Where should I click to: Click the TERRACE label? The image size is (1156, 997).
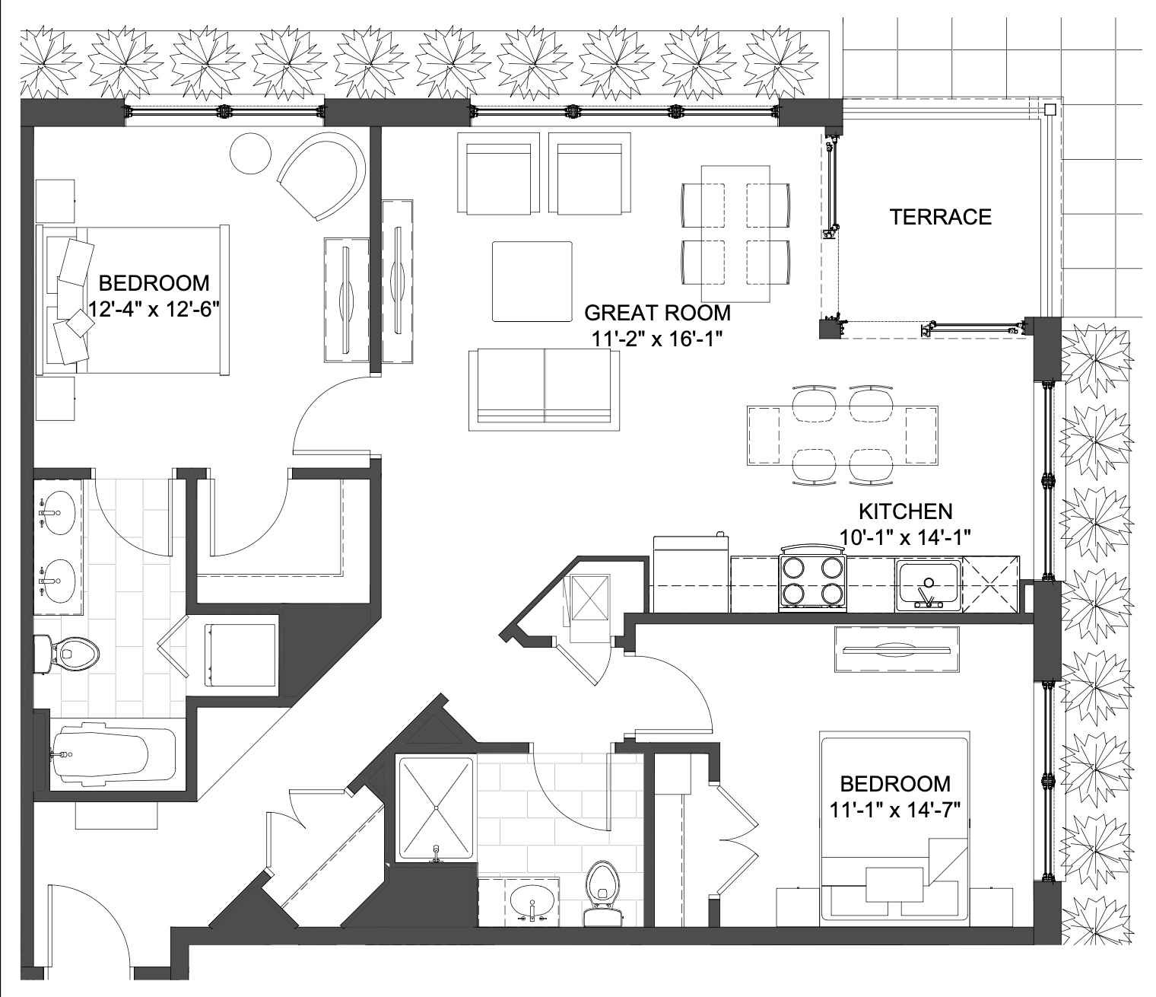coord(940,217)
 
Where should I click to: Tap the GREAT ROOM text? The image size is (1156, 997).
coord(657,312)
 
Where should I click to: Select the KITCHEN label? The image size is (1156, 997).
coord(906,511)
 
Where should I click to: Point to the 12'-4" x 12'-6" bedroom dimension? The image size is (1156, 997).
coord(153,309)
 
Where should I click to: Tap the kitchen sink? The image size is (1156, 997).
coord(929,586)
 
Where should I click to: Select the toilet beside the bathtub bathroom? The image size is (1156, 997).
coord(67,653)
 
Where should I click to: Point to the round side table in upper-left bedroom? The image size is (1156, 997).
coord(250,153)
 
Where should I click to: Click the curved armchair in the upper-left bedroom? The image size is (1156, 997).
coord(322,174)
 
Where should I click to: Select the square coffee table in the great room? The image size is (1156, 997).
coord(532,282)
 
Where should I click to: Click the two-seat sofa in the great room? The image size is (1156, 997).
coord(545,390)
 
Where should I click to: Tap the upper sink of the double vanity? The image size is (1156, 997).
coord(56,512)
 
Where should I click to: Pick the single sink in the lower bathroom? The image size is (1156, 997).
coord(532,902)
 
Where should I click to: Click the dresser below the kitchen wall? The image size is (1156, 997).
coord(897,649)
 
